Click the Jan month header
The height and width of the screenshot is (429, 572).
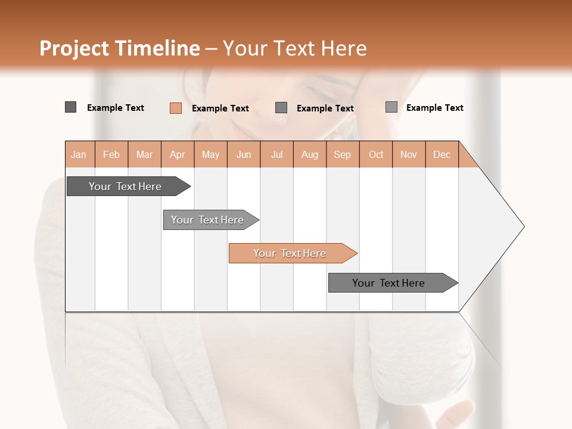point(79,154)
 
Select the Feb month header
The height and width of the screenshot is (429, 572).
point(111,154)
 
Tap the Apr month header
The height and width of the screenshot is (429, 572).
point(178,154)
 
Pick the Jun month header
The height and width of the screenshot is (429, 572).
point(244,154)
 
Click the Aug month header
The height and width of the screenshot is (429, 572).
point(310,154)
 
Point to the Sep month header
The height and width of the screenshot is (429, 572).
point(343,154)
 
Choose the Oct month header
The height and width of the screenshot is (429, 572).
point(376,154)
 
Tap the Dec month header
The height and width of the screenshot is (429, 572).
point(442,154)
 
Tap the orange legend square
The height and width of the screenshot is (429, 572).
point(176,108)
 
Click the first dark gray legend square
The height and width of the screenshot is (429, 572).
point(70,107)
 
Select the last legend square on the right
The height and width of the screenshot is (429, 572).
point(391,107)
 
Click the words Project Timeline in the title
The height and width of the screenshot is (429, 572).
point(119,48)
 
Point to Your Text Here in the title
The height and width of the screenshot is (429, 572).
point(294,48)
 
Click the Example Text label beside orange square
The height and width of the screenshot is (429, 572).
point(220,108)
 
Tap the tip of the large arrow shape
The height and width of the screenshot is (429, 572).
point(523,226)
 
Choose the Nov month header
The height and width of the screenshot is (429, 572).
point(409,154)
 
